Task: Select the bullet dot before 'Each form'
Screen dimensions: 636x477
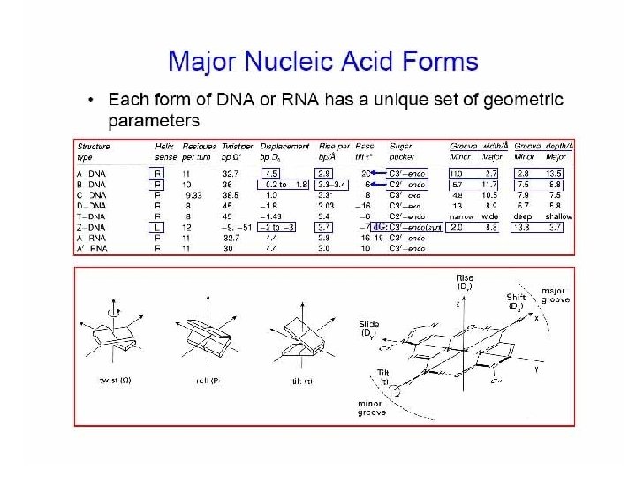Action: (92, 101)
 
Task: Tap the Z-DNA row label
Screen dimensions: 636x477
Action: (93, 227)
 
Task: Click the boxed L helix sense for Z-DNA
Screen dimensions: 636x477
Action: (159, 227)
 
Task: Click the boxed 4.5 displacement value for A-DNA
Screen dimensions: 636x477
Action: (272, 174)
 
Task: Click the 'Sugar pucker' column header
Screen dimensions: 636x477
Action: (403, 151)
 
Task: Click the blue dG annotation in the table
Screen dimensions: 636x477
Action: (380, 227)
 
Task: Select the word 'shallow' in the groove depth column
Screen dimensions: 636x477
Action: (558, 216)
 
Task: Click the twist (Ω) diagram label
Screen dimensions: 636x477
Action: (118, 382)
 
